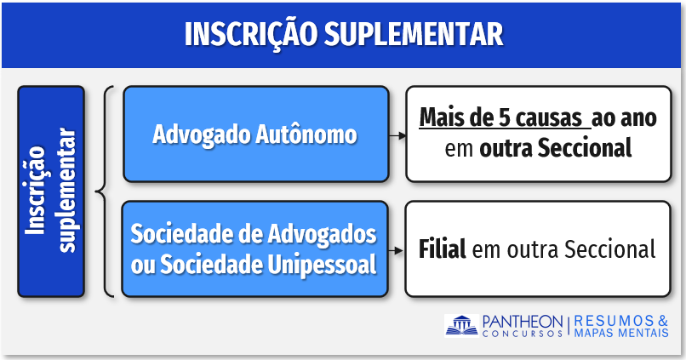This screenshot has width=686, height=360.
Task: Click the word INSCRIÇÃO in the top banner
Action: (x=251, y=33)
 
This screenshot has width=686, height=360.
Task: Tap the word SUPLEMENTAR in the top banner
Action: (x=414, y=34)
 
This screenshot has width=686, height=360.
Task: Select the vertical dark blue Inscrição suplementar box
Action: (x=51, y=191)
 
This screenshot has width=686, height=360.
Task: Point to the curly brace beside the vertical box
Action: (x=105, y=191)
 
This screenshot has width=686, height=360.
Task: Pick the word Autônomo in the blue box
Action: (x=306, y=134)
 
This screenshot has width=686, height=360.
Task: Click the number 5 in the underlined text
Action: (x=505, y=117)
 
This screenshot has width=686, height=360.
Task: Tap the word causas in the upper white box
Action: (x=549, y=118)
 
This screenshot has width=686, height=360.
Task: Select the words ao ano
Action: (x=624, y=118)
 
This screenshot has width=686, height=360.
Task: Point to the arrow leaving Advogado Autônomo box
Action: (x=397, y=136)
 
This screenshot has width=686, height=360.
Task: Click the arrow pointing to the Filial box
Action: (x=396, y=251)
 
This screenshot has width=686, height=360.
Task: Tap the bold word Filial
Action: (x=443, y=249)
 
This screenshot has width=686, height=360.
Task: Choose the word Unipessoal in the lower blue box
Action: (x=322, y=265)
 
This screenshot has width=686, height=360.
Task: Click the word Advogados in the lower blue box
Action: (x=322, y=233)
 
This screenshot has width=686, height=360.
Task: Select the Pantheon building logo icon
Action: (x=461, y=325)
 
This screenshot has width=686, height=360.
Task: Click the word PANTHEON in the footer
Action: (x=523, y=322)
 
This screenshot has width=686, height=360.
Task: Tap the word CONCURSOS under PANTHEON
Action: (x=523, y=334)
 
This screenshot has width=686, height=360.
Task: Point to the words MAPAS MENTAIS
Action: (x=621, y=333)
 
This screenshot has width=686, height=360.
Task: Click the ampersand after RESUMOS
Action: (x=663, y=321)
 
